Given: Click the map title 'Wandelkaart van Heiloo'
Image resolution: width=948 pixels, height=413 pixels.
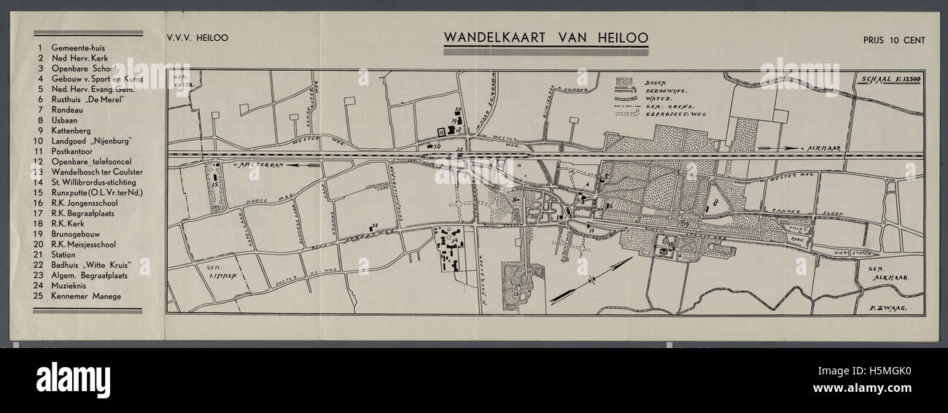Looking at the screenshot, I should pyautogui.click(x=545, y=37).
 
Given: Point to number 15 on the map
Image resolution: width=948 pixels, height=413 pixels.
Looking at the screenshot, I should pyautogui.click(x=215, y=186).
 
